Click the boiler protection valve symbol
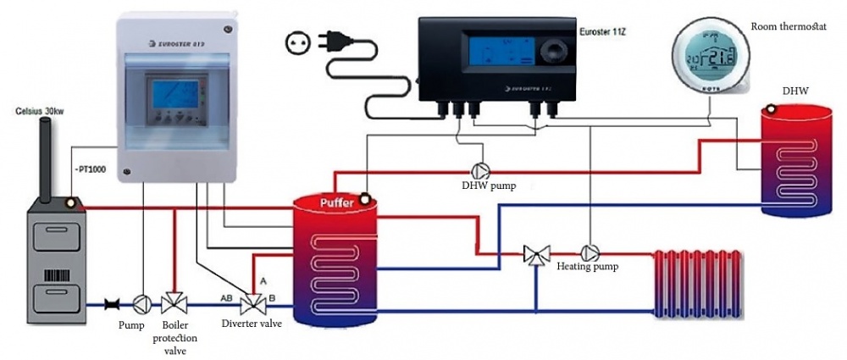point(174,302)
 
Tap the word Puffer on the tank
point(337,202)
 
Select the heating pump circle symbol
point(589,252)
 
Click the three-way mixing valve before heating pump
point(536,253)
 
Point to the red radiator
point(698,282)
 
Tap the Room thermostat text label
point(789,27)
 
